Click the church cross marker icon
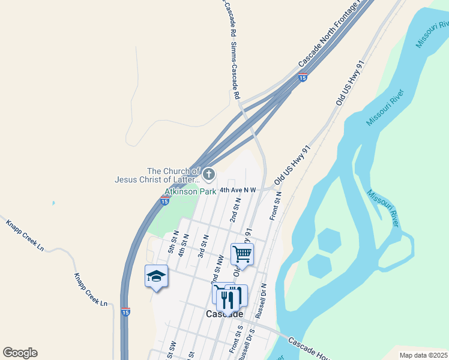(208, 175)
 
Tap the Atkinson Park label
(190, 192)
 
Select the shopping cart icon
(243, 253)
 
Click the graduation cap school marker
(156, 276)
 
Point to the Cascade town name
(224, 314)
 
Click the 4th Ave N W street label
(238, 190)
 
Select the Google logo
(20, 353)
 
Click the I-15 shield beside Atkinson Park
(164, 202)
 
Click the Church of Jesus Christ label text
(157, 175)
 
